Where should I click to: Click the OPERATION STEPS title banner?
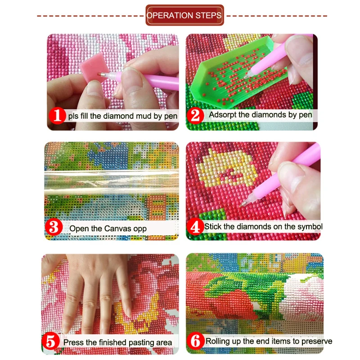pos(184,15)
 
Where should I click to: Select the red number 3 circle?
pos(54,228)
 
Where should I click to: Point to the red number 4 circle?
pos(196,226)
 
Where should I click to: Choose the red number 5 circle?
pos(51,342)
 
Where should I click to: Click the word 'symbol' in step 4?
pos(310,226)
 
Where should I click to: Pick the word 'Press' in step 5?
pos(73,342)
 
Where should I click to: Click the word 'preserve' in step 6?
pos(317,341)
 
